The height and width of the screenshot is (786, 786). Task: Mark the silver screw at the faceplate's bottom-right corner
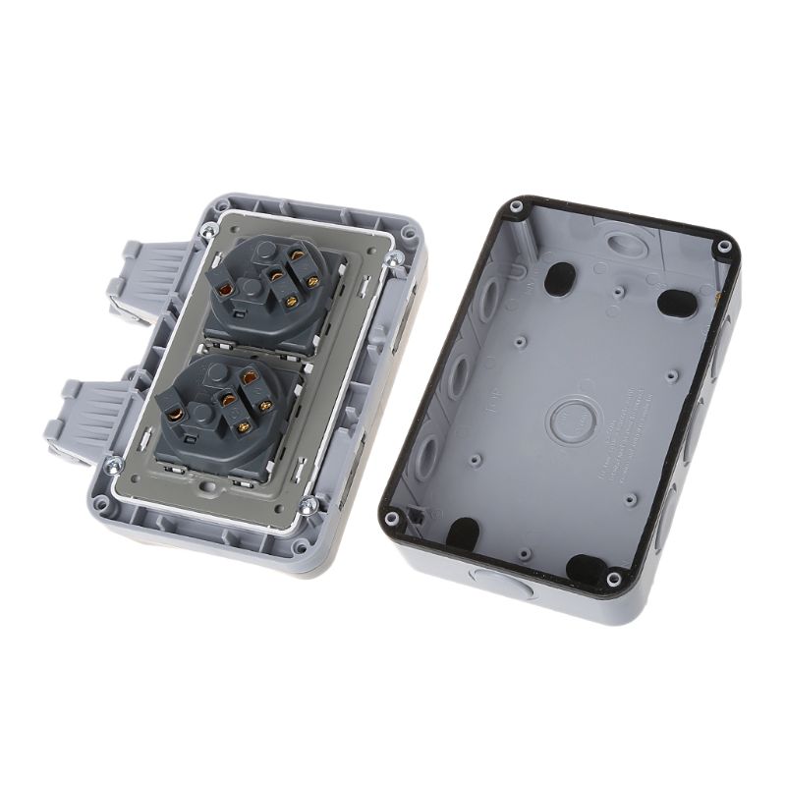click(309, 506)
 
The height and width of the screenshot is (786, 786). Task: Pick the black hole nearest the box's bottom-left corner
click(463, 532)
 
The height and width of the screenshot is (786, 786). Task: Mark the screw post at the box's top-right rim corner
click(724, 246)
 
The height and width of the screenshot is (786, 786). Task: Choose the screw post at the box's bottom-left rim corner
click(393, 517)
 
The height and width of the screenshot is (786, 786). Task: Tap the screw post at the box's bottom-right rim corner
click(612, 580)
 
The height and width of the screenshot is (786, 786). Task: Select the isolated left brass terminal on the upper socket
click(228, 291)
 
